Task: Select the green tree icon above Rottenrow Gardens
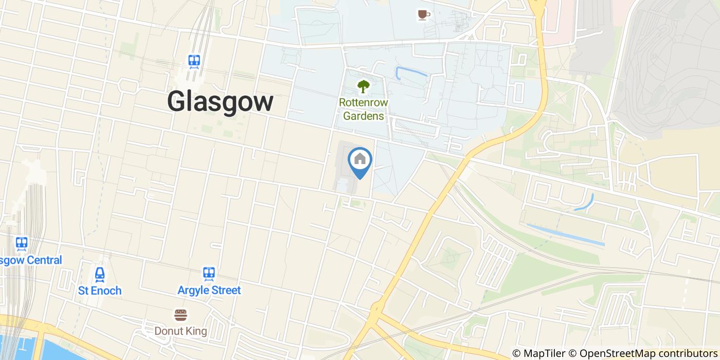(364, 86)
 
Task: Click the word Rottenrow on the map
(363, 102)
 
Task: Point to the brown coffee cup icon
(423, 15)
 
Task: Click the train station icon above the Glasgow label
(194, 62)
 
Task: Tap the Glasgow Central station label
(31, 260)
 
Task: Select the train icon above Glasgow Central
(21, 243)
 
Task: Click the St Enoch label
(100, 291)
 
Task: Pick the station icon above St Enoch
(100, 274)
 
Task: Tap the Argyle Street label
(209, 290)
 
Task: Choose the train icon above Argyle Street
(209, 273)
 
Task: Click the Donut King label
(181, 331)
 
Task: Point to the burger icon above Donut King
(181, 314)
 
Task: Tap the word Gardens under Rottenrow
(363, 116)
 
